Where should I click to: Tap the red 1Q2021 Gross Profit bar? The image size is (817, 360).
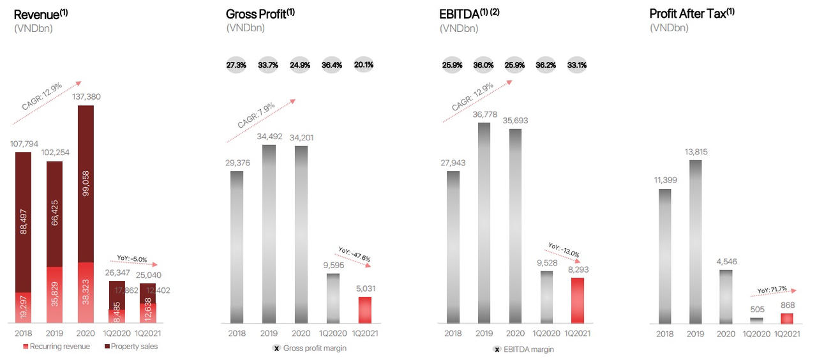pyautogui.click(x=364, y=310)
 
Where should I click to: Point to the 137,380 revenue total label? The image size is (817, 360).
pyautogui.click(x=86, y=96)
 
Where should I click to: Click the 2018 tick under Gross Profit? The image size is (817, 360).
pyautogui.click(x=237, y=333)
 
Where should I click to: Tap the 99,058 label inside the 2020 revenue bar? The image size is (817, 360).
pyautogui.click(x=86, y=183)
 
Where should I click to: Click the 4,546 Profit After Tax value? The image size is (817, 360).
pyautogui.click(x=726, y=260)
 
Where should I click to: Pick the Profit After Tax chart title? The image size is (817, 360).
pyautogui.click(x=692, y=13)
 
